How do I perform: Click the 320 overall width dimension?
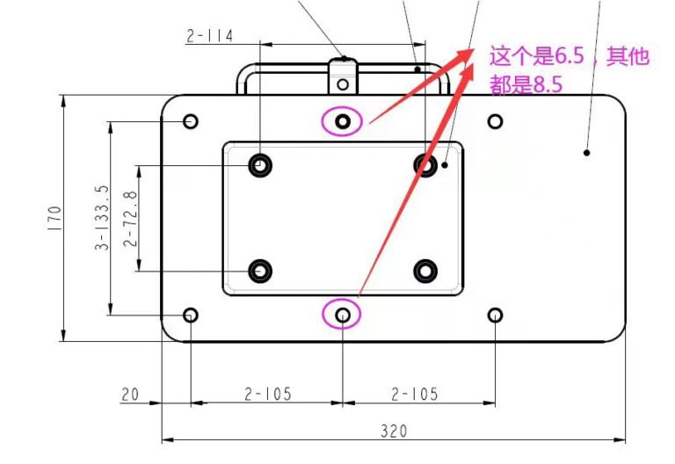[x=394, y=431]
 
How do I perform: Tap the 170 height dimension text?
[x=54, y=218]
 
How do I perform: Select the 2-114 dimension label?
[x=210, y=36]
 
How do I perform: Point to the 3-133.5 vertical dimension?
[x=102, y=217]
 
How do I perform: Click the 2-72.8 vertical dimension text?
[x=130, y=219]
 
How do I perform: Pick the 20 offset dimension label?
[x=130, y=395]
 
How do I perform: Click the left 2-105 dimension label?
[x=268, y=394]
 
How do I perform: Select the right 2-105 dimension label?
[x=414, y=394]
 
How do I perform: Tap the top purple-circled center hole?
[x=342, y=122]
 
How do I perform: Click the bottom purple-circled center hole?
[x=342, y=315]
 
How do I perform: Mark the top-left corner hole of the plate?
[x=190, y=121]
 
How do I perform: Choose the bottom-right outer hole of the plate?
[x=495, y=315]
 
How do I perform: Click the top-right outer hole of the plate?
[x=495, y=122]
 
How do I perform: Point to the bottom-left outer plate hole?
[x=190, y=315]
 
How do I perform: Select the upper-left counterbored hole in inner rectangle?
[x=260, y=165]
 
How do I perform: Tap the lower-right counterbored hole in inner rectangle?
[x=425, y=272]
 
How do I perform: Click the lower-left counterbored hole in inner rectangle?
[x=260, y=272]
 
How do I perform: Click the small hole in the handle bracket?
[x=343, y=84]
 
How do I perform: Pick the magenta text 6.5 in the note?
[x=570, y=56]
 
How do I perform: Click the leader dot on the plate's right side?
[x=586, y=152]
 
